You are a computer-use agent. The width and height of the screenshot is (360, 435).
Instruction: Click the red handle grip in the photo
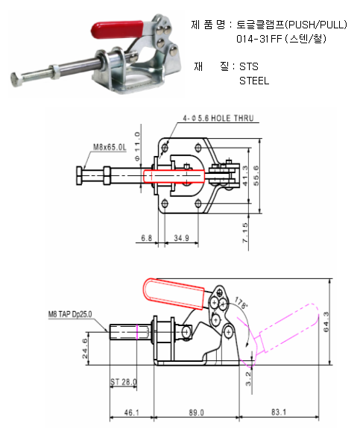(117, 29)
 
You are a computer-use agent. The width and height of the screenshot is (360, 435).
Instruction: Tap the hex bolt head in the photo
(16, 80)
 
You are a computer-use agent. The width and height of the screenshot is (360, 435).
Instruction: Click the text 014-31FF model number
(259, 39)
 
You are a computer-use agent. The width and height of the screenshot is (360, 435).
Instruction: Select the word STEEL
(254, 81)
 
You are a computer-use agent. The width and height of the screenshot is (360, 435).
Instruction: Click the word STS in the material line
(249, 66)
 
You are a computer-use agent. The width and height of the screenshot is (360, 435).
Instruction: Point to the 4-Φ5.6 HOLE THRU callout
(218, 119)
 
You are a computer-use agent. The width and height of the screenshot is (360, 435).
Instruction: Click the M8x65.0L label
(110, 147)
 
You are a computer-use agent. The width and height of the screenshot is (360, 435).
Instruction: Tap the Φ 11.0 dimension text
(137, 146)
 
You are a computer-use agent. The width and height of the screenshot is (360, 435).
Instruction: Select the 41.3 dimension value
(245, 176)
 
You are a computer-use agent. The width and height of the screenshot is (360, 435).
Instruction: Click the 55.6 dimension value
(256, 176)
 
